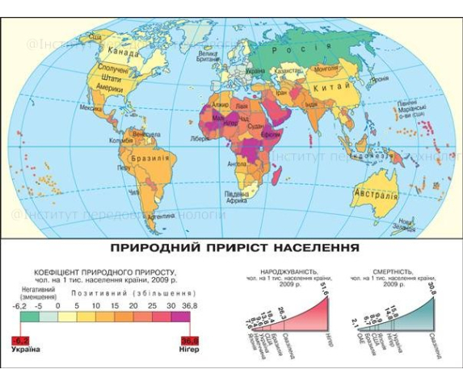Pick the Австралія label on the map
(x=376, y=195)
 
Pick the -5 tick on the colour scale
(x=38, y=308)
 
